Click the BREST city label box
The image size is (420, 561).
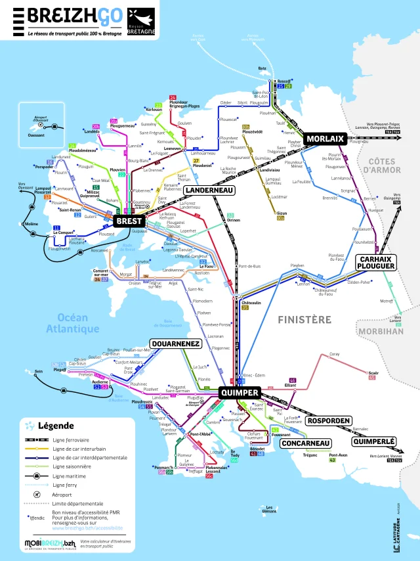click(130, 221)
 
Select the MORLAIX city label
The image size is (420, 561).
click(325, 139)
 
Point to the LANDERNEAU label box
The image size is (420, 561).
click(208, 190)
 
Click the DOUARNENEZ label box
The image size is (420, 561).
click(175, 344)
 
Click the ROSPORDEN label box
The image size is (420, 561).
click(329, 420)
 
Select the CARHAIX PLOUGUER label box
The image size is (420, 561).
click(375, 263)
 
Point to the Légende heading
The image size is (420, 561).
click(56, 425)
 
